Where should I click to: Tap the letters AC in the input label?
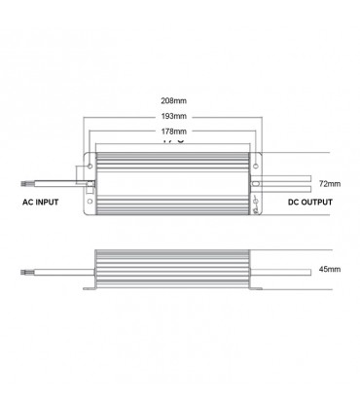(x=28, y=203)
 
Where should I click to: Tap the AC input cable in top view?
(x=58, y=181)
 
